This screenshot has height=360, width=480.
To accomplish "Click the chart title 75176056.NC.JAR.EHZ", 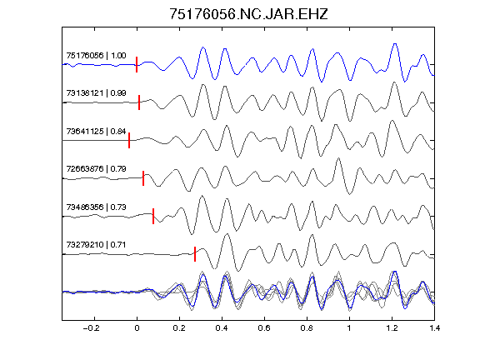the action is tap(248, 14).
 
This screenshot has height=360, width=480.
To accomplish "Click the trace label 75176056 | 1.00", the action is tap(96, 55).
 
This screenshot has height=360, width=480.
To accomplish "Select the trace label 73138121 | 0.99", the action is tap(96, 93).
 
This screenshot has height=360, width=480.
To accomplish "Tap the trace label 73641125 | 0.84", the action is tap(96, 132).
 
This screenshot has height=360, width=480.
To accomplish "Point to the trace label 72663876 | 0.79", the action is tap(96, 169).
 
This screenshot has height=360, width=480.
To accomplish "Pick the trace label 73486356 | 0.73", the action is tap(96, 207).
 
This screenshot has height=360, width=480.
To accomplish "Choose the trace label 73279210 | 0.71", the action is tap(96, 245).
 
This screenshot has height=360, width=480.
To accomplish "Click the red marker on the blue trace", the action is tap(137, 65).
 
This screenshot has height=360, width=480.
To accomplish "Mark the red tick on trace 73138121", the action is tap(139, 102).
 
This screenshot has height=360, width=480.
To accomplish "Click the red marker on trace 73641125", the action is tap(129, 140).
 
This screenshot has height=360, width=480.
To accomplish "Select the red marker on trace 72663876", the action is tap(143, 178).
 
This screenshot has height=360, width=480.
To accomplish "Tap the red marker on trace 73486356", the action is tap(153, 216).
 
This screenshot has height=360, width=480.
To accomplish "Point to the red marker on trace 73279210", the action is tap(195, 254).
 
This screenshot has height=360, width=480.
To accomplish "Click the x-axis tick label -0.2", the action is tap(91, 328).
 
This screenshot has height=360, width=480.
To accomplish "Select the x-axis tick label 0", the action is tap(137, 328).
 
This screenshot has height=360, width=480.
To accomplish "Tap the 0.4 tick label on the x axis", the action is tap(222, 328).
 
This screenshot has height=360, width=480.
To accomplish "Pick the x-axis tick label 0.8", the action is tap(307, 328).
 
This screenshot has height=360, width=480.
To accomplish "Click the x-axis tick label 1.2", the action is tap(392, 328).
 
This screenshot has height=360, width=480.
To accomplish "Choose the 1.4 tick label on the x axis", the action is tap(434, 328).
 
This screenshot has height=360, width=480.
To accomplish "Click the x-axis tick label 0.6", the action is tap(264, 328).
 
